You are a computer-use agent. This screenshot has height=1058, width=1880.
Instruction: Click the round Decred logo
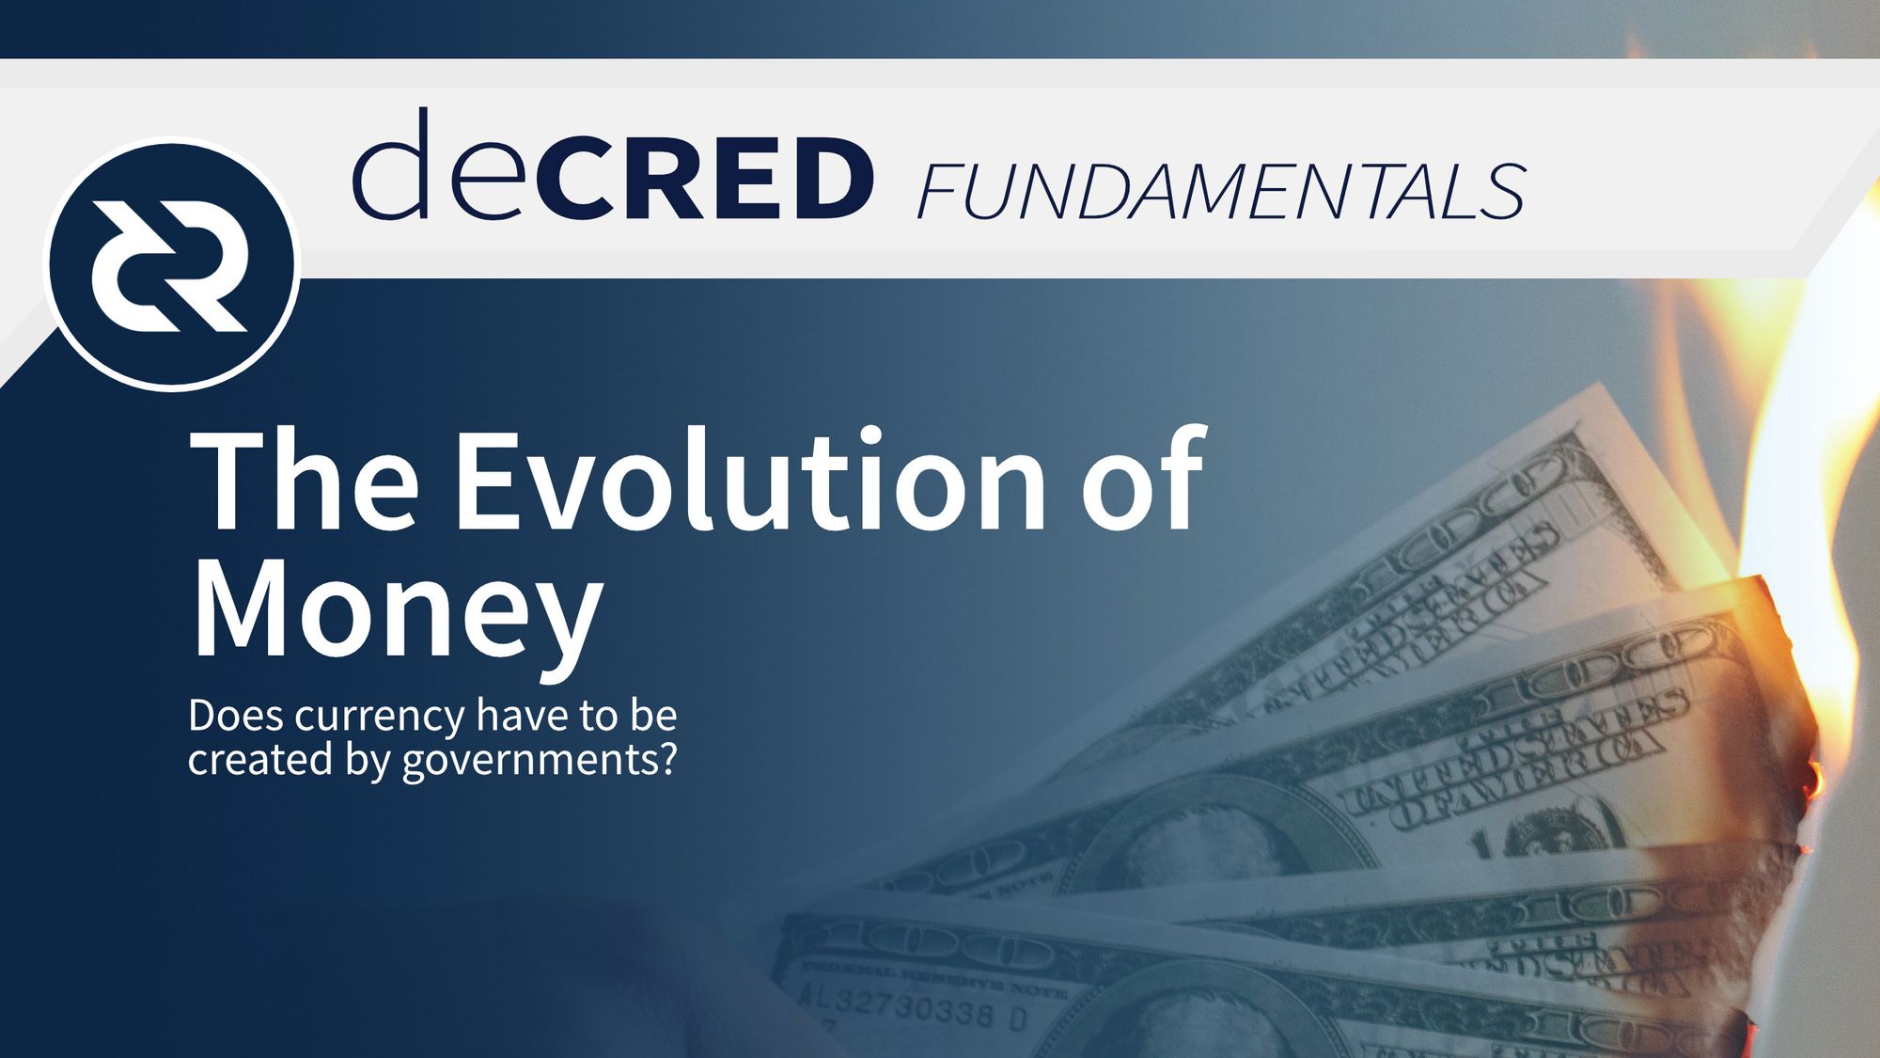click(172, 264)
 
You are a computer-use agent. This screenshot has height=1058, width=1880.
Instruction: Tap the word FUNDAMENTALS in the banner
click(1220, 192)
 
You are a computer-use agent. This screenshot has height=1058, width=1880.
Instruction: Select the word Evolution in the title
click(749, 482)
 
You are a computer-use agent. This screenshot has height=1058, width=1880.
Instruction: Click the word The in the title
click(304, 482)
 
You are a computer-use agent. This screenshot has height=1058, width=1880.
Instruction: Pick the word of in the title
click(1143, 482)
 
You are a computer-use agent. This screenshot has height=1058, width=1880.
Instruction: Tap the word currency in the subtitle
click(379, 717)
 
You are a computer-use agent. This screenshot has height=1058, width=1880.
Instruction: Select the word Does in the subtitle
click(235, 716)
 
